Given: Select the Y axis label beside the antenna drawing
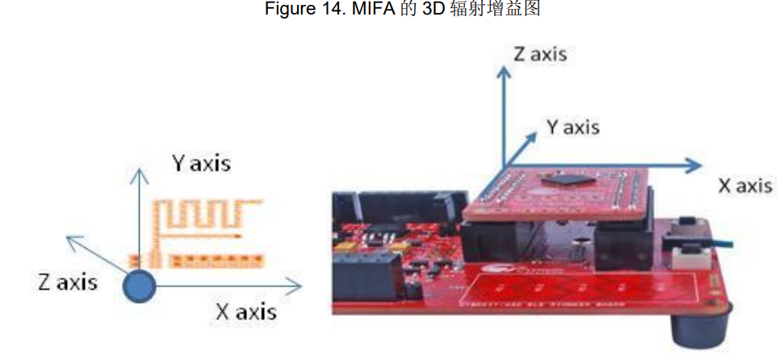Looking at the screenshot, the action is pos(201,163).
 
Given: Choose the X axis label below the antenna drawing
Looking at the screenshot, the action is pos(246,311).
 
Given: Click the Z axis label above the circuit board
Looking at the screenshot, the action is pos(540,54).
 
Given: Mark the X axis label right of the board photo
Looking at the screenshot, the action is pos(745,186).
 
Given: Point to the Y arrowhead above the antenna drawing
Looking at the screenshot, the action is pos(140,170).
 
